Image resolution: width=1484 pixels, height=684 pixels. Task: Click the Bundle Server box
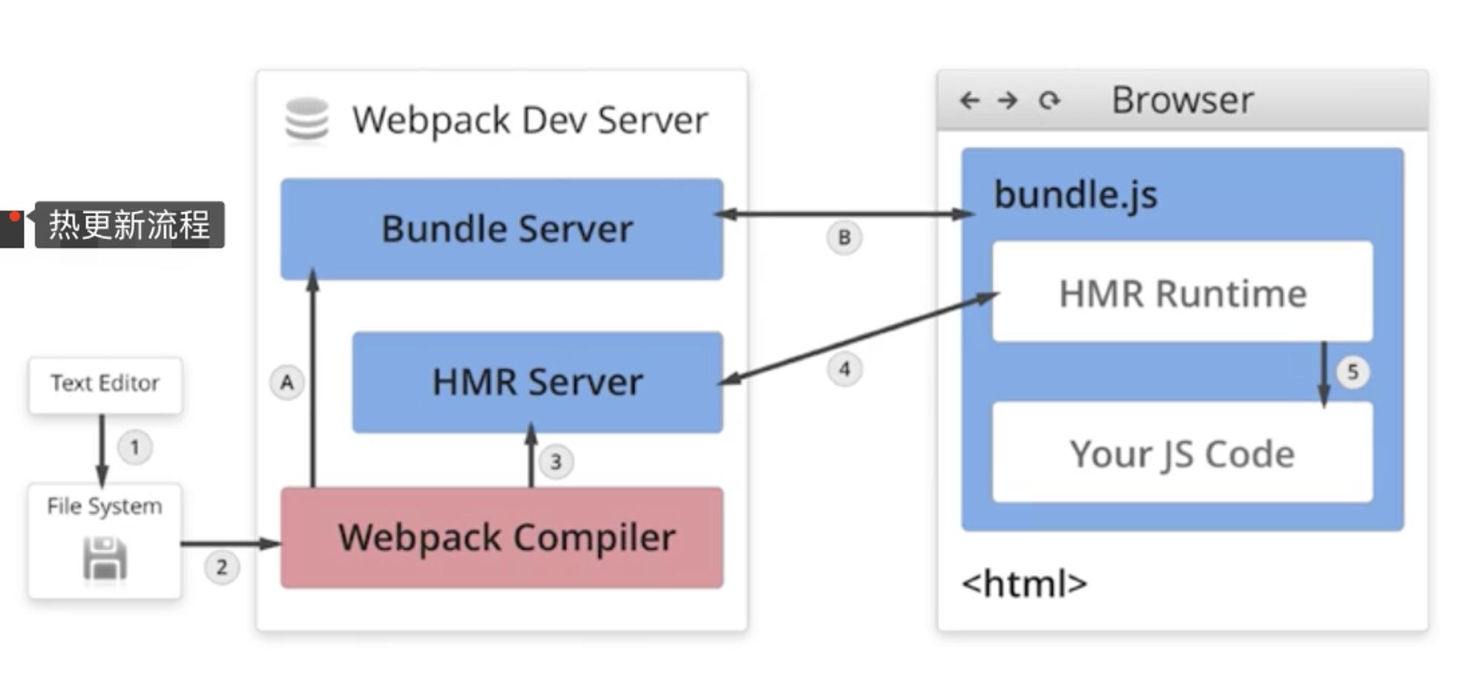(x=502, y=228)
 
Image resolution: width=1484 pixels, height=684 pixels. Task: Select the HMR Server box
(x=537, y=382)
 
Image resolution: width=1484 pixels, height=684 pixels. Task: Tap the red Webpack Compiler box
(x=502, y=538)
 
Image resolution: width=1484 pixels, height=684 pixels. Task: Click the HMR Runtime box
(x=1182, y=292)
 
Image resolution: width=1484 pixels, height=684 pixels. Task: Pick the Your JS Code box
(x=1182, y=452)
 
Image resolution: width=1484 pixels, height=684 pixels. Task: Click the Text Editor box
(x=105, y=385)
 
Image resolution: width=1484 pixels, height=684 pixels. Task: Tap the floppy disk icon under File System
(x=105, y=559)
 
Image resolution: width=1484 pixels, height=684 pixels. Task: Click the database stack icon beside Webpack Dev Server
(x=306, y=119)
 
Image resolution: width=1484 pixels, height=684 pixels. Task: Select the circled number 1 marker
(x=135, y=447)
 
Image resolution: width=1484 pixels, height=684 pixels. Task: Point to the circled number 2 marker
(x=222, y=568)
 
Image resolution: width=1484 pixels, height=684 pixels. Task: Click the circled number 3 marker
(x=556, y=462)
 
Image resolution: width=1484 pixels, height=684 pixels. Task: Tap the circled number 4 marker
(x=844, y=369)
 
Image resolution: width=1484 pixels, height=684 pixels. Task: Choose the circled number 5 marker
(x=1353, y=372)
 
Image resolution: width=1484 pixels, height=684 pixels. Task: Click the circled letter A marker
(x=287, y=383)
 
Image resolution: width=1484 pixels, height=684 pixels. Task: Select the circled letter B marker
(x=844, y=237)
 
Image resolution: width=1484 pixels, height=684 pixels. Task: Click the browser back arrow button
(x=970, y=100)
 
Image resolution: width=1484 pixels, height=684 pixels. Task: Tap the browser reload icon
(x=1049, y=100)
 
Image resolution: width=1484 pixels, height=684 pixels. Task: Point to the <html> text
(x=1025, y=584)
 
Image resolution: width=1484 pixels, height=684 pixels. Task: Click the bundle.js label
(x=1075, y=195)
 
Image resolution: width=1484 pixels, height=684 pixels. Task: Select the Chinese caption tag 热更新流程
(x=129, y=225)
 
